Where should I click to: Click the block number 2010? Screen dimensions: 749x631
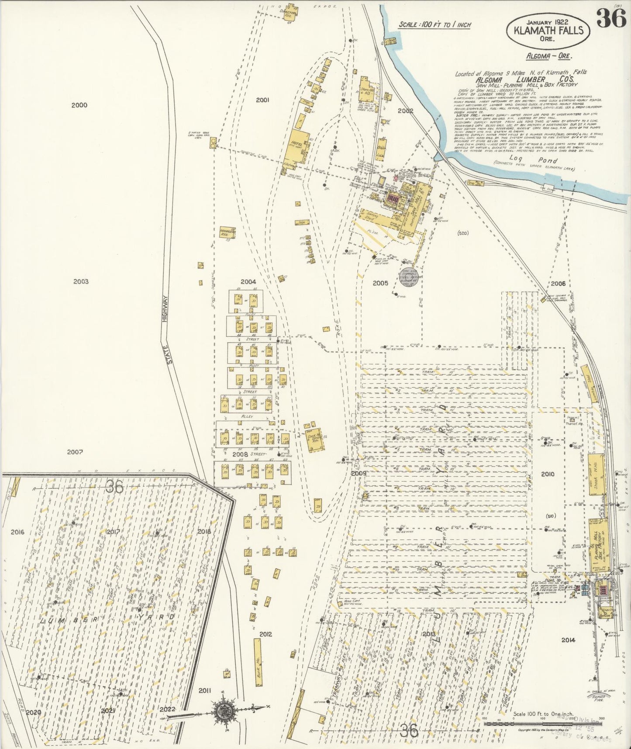pos(547,474)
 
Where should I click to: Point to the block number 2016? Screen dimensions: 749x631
pos(17,532)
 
